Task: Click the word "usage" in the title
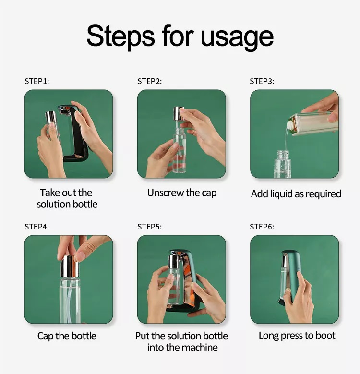pyautogui.click(x=237, y=37)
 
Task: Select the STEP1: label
pyautogui.click(x=36, y=81)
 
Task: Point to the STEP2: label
pyautogui.click(x=149, y=81)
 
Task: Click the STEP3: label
pyautogui.click(x=262, y=81)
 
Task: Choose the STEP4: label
pyautogui.click(x=36, y=227)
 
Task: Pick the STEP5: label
pyautogui.click(x=149, y=227)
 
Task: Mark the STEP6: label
pyautogui.click(x=262, y=227)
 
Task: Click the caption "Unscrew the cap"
pyautogui.click(x=181, y=193)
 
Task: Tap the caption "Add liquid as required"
pyautogui.click(x=296, y=194)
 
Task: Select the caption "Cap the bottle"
pyautogui.click(x=67, y=336)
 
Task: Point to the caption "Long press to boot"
pyautogui.click(x=297, y=336)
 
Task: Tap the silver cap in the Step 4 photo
pyautogui.click(x=70, y=266)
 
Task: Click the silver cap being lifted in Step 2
pyautogui.click(x=179, y=113)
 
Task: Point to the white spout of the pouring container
pyautogui.click(x=289, y=125)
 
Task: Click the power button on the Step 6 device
pyautogui.click(x=298, y=271)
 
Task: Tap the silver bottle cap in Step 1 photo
pyautogui.click(x=51, y=117)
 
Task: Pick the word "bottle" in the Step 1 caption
pyautogui.click(x=84, y=204)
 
